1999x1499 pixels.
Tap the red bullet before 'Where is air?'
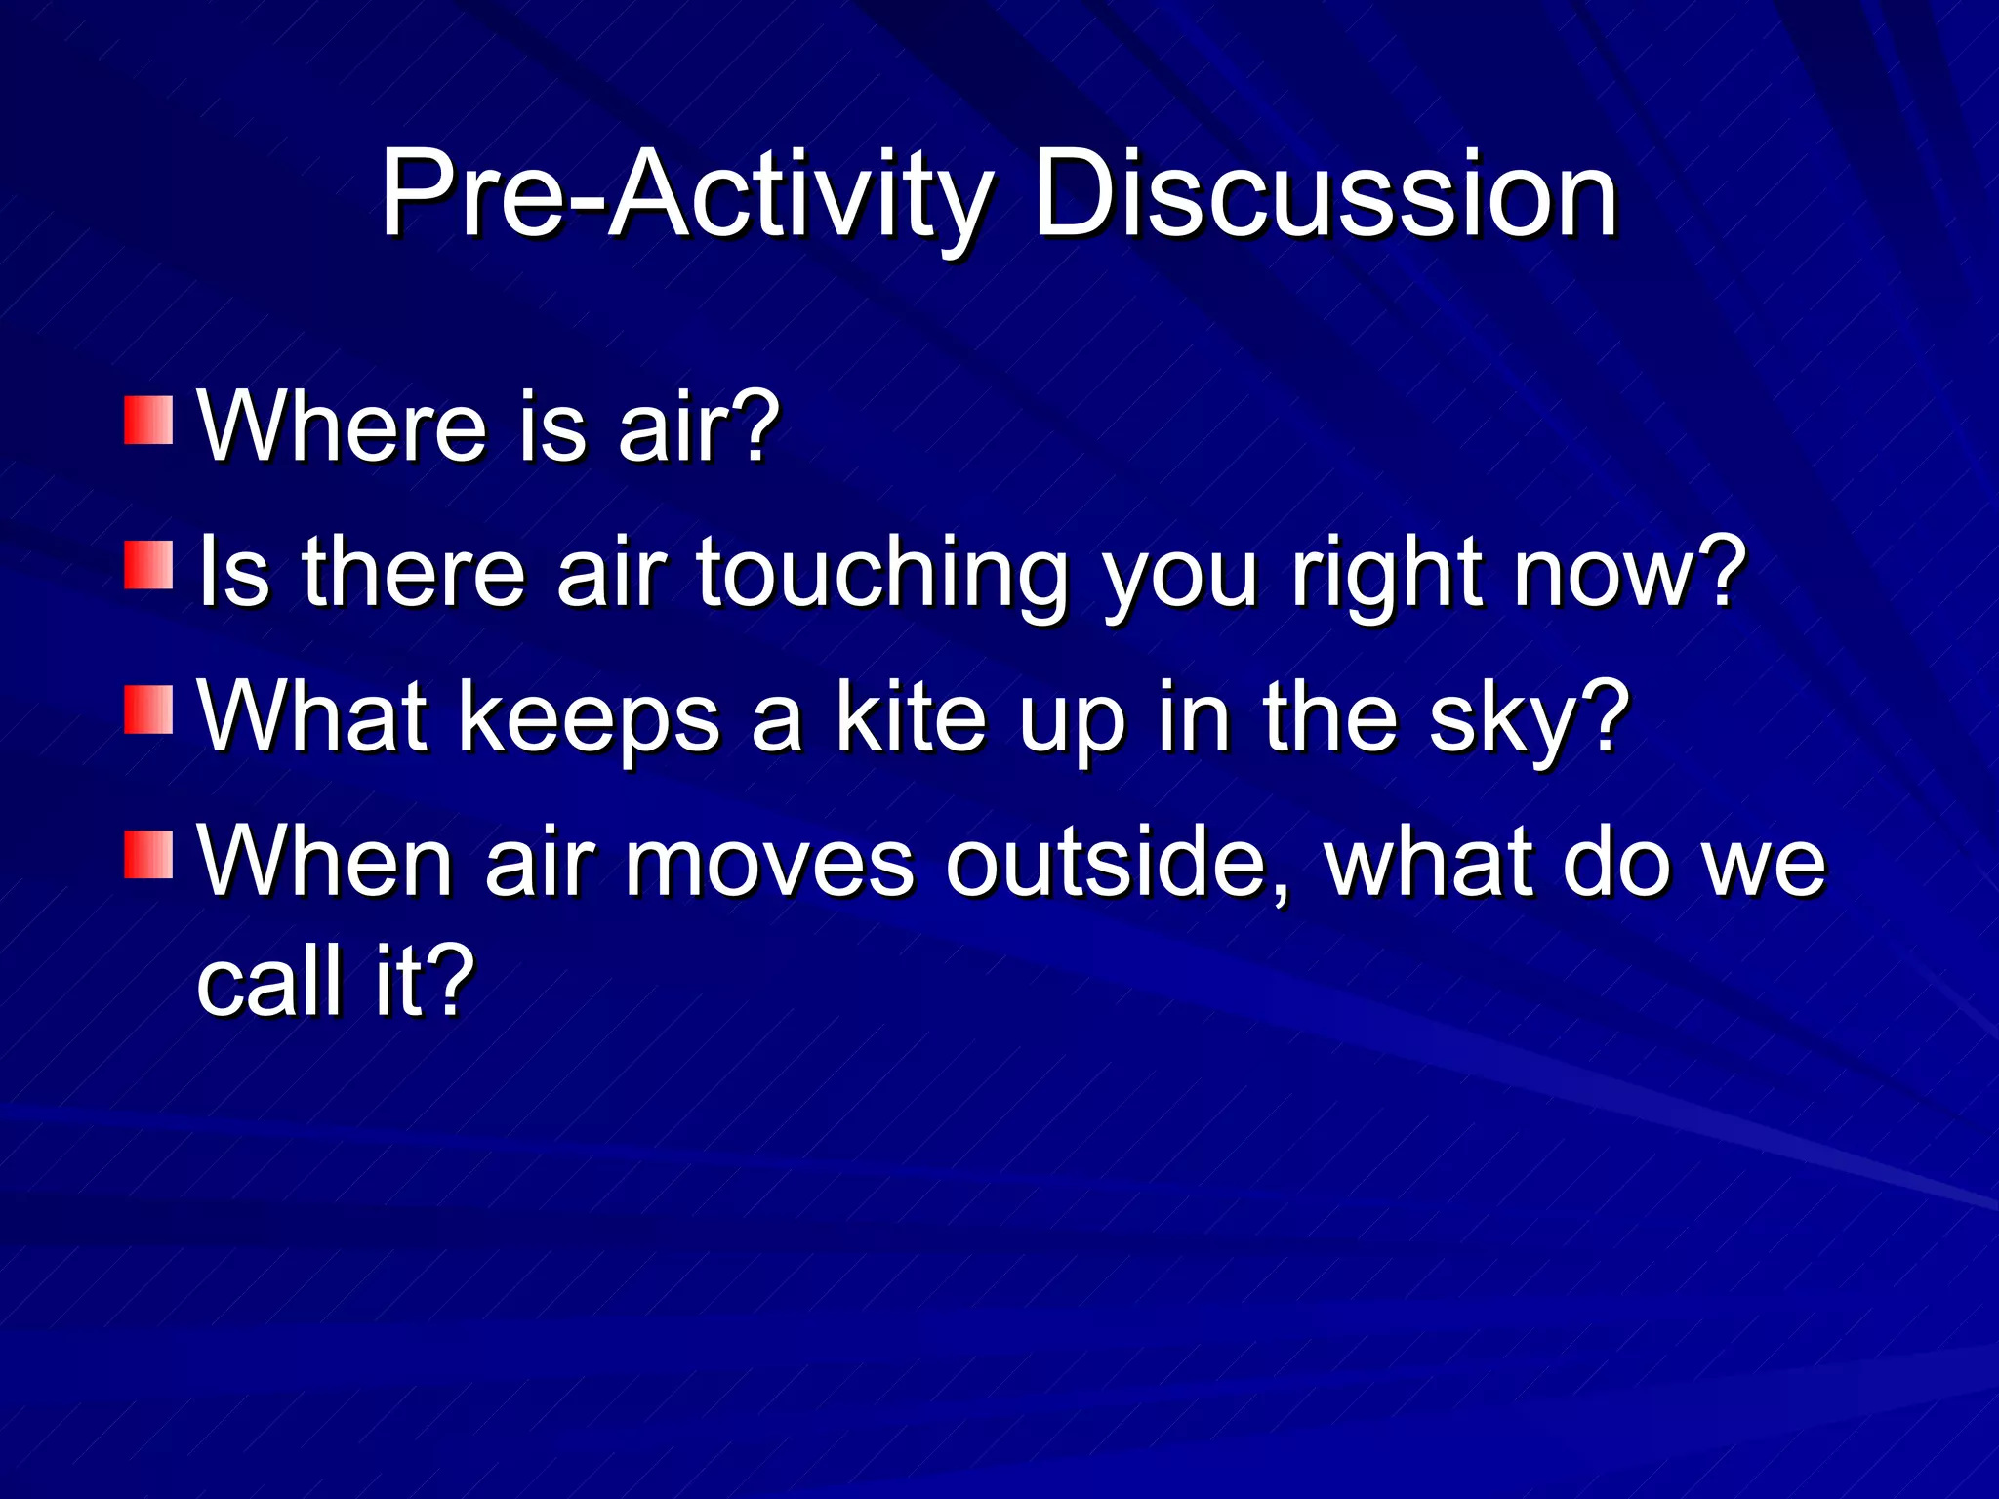(148, 420)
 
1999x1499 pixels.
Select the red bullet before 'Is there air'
(148, 566)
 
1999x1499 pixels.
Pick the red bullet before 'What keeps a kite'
(148, 709)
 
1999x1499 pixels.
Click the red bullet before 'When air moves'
(148, 855)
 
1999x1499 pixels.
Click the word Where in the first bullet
(342, 426)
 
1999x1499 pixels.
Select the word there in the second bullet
(414, 573)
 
